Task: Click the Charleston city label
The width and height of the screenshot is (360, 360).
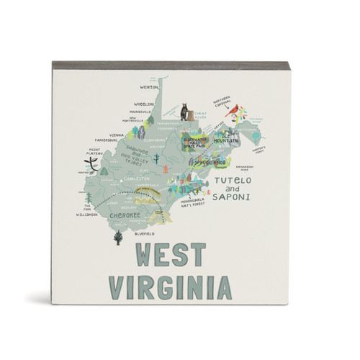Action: [136, 178]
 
